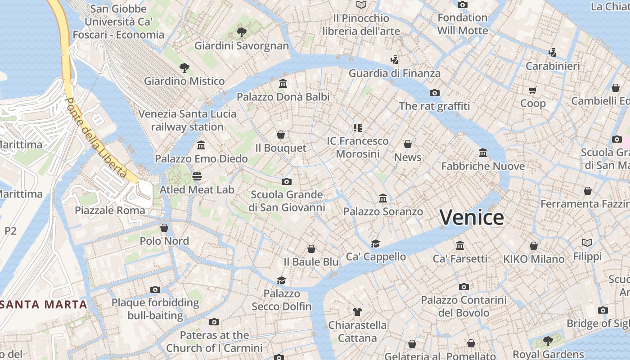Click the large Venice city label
pos(472,217)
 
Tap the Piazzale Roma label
pos(110,210)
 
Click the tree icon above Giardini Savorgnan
pos(242,32)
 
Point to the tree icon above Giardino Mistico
pos(184,68)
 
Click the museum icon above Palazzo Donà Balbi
pos(283,83)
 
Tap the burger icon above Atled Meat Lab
pos(197,176)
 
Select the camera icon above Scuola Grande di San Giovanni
pos(287,181)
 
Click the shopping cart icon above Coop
pos(533,90)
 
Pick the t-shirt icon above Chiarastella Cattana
pos(357,311)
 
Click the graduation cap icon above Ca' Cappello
pos(375,243)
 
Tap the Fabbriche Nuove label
pos(483,166)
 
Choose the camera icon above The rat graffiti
pos(434,93)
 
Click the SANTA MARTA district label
pos(44,304)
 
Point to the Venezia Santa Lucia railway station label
pos(187,120)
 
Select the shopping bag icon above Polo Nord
pos(164,228)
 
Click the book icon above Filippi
pos(587,243)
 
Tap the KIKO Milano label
pos(534,259)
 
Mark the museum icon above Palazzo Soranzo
pos(383,198)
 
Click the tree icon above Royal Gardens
pos(548,341)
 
